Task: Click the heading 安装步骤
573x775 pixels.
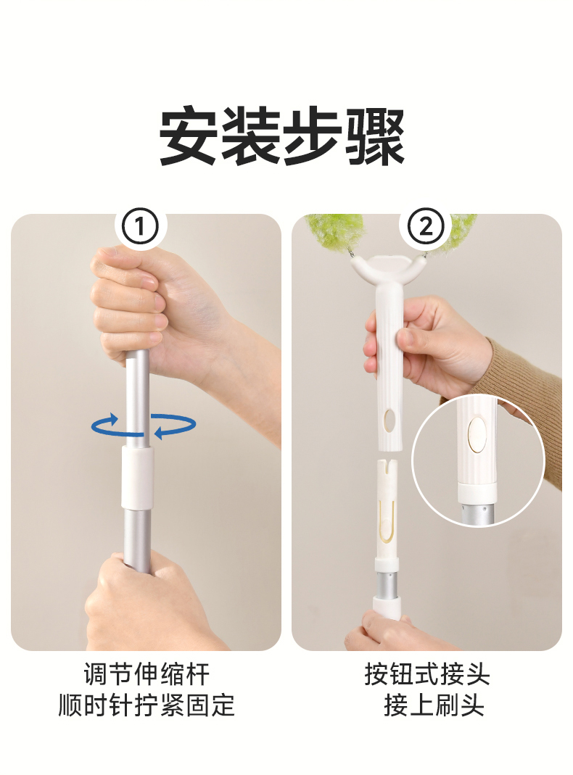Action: (282, 135)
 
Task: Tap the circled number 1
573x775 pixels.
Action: (141, 228)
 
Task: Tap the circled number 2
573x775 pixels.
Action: (426, 228)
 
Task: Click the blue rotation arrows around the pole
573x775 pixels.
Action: (144, 425)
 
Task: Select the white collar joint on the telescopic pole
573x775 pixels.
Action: (137, 478)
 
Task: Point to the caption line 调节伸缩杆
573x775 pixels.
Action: (147, 674)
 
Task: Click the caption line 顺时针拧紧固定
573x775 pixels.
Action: (147, 705)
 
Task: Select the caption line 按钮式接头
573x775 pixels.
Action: (426, 674)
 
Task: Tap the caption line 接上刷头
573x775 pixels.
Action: (434, 705)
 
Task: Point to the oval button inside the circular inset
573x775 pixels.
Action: (477, 434)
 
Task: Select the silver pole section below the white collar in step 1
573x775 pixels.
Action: (137, 538)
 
